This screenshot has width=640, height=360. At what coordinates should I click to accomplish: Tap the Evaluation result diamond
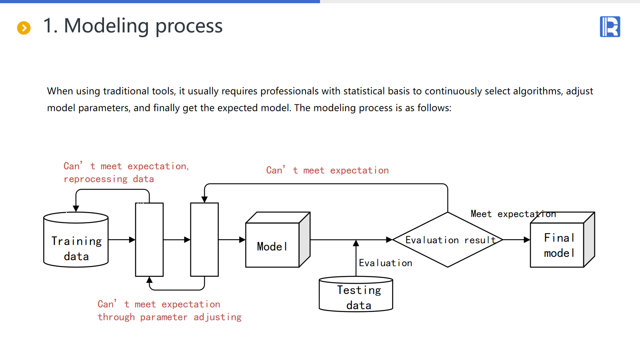[448, 240]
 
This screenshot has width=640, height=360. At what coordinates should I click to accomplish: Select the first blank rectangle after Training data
[150, 240]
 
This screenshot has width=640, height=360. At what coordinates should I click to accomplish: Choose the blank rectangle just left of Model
[204, 240]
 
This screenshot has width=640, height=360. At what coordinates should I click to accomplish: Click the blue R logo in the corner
[610, 27]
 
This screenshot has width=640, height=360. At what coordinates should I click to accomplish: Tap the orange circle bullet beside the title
[24, 28]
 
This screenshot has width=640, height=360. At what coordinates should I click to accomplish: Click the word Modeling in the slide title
[106, 26]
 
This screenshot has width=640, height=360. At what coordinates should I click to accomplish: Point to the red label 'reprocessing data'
[109, 179]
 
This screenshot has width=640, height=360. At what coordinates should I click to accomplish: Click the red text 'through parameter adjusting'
[170, 317]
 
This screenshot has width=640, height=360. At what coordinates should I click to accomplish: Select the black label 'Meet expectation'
[513, 214]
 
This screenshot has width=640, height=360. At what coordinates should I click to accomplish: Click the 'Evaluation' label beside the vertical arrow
[385, 263]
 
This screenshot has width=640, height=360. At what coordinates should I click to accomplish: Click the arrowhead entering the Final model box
[526, 240]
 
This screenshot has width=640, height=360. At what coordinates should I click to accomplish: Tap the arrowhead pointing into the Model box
[242, 240]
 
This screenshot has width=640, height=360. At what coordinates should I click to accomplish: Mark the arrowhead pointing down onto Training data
[76, 208]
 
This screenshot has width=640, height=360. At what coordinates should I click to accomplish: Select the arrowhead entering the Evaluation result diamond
[389, 240]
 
